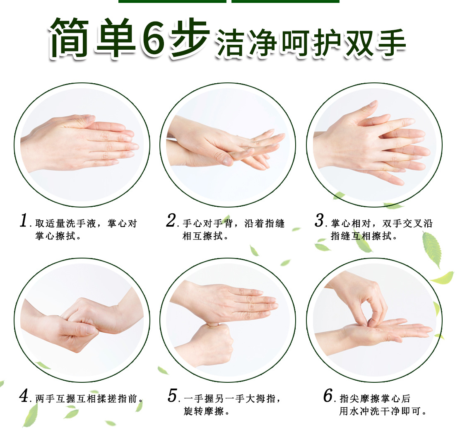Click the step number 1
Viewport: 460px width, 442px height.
pos(24,220)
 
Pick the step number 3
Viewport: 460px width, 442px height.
pos(319,220)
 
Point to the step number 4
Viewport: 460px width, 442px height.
pos(24,396)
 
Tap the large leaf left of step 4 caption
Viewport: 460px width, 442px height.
pos(31,414)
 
